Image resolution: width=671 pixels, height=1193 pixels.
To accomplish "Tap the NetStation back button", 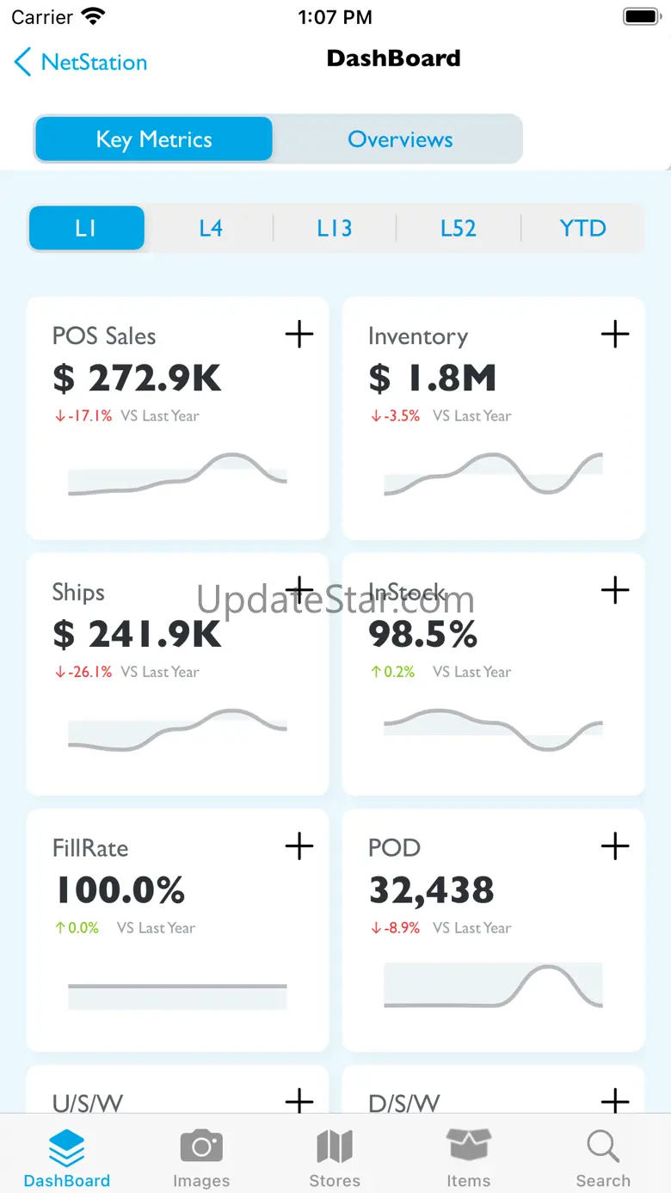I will (81, 62).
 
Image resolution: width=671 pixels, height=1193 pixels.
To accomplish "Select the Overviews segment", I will (400, 139).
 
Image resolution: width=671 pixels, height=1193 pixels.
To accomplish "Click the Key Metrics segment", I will (154, 139).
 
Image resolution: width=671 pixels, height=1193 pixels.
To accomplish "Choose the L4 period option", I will (211, 228).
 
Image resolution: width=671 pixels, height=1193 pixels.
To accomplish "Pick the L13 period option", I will (335, 228).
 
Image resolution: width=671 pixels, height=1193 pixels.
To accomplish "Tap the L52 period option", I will (459, 228).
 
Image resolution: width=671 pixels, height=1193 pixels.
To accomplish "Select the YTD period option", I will (582, 228).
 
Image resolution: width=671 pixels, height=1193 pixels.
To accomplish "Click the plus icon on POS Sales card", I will (299, 334).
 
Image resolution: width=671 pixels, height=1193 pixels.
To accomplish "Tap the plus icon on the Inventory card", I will (615, 334).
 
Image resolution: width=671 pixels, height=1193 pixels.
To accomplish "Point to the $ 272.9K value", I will (138, 378).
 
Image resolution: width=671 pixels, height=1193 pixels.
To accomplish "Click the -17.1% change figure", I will (83, 415).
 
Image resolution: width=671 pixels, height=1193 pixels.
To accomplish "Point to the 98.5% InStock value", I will (422, 635).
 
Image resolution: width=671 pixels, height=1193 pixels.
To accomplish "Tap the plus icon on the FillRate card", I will (299, 846).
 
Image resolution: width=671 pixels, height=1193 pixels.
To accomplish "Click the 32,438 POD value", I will (431, 890).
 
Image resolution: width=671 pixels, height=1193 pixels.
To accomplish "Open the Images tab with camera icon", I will (201, 1157).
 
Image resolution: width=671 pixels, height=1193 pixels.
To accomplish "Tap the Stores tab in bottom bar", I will (335, 1157).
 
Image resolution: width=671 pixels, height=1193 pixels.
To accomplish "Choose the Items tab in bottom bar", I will (469, 1157).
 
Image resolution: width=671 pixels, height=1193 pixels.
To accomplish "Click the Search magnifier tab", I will (603, 1157).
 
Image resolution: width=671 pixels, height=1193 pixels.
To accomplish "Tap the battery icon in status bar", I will (641, 16).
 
